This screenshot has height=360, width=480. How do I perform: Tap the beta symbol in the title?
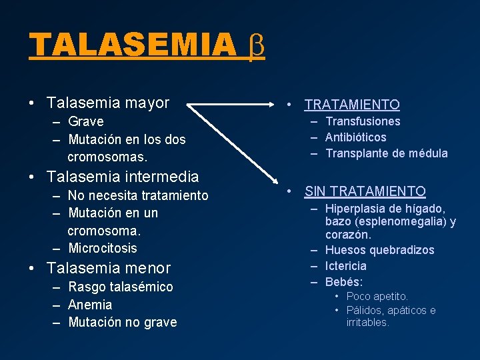pos(256,45)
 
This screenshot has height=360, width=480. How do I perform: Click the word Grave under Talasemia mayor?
pos(85,121)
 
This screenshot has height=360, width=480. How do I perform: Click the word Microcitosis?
pos(102,248)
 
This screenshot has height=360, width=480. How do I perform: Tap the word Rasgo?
pos(83,287)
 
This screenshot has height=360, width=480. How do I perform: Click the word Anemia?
pos(90,305)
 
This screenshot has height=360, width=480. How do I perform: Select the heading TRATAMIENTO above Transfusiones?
pos(352,105)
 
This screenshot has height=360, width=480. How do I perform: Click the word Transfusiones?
pos(363,121)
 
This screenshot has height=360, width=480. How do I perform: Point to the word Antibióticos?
pos(355,137)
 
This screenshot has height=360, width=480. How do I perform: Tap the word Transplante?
pos(357,153)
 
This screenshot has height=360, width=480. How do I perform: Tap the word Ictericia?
pos(345,266)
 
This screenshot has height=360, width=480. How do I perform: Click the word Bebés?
pos(344,282)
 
